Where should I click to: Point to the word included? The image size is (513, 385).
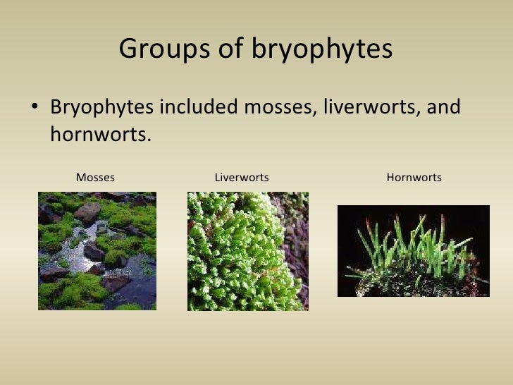[x=200, y=109]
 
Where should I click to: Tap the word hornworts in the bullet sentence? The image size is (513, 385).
[x=100, y=134]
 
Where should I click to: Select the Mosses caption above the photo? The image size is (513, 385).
[x=95, y=177]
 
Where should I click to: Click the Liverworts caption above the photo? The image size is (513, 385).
[x=242, y=177]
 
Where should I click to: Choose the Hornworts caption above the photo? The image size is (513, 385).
[x=414, y=177]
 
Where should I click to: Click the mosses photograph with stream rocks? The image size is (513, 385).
[x=97, y=251]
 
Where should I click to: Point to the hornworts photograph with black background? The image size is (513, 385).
[x=414, y=251]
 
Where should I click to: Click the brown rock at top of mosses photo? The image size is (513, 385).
[x=88, y=212]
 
